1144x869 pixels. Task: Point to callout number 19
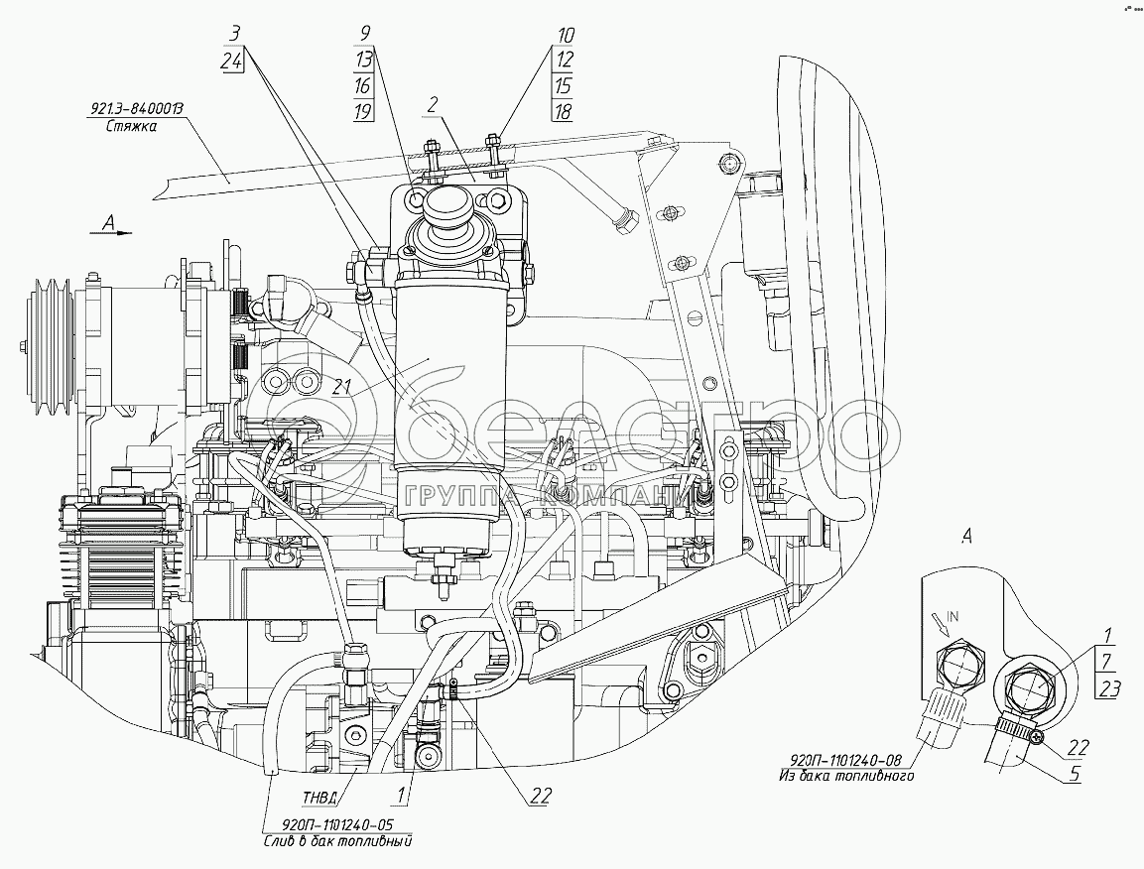362,110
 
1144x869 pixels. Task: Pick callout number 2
433,103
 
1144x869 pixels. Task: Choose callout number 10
564,35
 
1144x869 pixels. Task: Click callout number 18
564,110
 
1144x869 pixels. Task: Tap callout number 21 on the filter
344,387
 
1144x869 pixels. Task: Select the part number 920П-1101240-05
337,823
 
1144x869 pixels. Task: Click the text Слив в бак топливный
337,840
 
